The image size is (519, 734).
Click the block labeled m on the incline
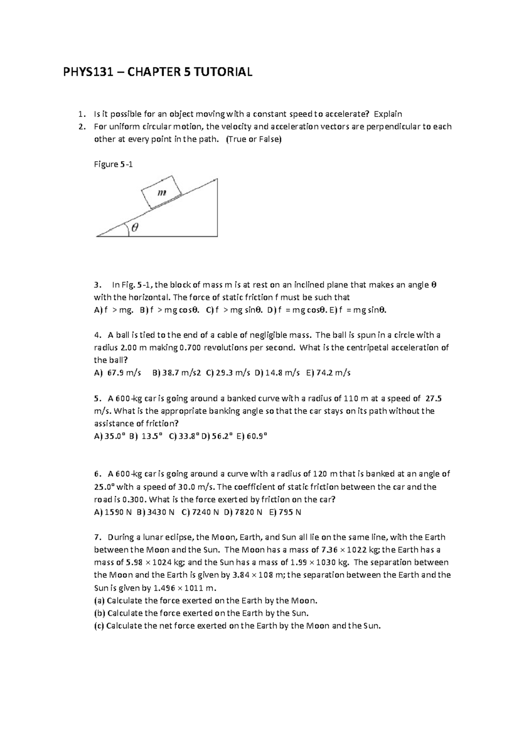point(161,193)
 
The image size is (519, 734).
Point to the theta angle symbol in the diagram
point(135,228)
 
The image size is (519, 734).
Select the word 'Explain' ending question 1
point(388,114)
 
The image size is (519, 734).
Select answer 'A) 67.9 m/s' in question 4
point(118,373)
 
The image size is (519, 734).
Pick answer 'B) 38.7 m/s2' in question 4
point(176,373)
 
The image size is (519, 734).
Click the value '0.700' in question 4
point(189,348)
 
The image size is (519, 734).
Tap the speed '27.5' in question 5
point(434,398)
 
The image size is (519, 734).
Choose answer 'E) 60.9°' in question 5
point(257,436)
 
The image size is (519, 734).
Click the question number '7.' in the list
point(98,538)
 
